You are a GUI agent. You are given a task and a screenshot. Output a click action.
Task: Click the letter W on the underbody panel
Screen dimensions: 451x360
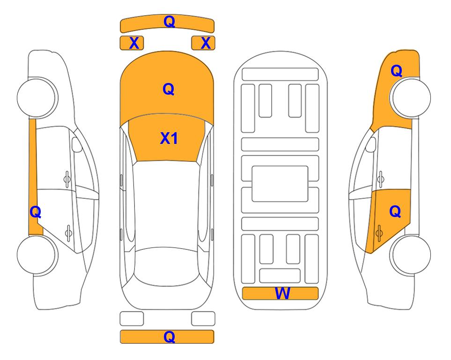pos(282,293)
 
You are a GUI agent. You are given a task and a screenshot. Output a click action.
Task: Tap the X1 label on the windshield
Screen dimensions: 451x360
pos(169,138)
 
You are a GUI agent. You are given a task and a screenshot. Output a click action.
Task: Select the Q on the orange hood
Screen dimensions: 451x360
pos(169,89)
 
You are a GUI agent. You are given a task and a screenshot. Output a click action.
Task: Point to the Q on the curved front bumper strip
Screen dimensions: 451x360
pos(170,21)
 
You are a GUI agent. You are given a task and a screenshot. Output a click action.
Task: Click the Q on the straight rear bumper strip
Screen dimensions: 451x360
pos(170,337)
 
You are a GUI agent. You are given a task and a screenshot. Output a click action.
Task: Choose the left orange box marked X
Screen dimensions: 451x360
pos(132,43)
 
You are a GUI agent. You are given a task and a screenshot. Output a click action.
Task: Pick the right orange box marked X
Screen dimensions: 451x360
pos(203,43)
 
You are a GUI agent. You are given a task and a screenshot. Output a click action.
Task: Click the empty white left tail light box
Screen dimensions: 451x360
pos(132,319)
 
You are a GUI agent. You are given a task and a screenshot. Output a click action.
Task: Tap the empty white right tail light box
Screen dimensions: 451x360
pos(203,319)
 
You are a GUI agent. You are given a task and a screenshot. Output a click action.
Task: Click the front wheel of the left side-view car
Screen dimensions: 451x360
pos(37,97)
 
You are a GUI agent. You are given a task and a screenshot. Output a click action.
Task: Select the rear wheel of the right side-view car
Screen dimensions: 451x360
pos(411,255)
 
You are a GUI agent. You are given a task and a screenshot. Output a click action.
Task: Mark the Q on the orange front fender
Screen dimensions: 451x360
pos(396,71)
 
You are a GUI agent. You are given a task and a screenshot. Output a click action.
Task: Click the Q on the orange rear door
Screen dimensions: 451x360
pos(395,212)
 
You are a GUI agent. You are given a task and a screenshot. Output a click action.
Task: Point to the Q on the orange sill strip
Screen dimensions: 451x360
pos(36,212)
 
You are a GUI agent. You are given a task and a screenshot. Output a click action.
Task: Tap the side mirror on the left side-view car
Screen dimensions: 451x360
pos(76,144)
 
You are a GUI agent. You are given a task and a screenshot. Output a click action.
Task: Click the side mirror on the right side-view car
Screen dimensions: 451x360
pos(371,144)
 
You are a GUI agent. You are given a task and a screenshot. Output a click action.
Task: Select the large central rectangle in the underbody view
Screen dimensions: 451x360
pos(280,184)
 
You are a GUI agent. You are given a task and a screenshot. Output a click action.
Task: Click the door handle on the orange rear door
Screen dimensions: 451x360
pos(379,233)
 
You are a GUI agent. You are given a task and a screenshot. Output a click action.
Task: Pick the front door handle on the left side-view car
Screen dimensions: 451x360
pos(67,179)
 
